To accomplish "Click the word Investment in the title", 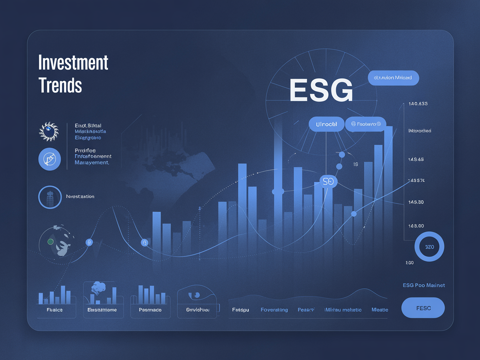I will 73,63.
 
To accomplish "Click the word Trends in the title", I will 60,85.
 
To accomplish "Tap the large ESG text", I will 321,90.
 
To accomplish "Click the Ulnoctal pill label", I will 326,124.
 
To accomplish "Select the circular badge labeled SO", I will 328,182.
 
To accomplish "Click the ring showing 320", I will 429,247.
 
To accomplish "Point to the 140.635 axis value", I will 418,104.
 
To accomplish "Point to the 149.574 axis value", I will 417,180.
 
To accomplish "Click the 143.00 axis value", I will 416,226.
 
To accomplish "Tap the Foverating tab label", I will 274,310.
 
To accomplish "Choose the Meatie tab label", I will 380,310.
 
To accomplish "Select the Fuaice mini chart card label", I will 55,310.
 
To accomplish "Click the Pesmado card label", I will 150,310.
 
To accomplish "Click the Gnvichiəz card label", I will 197,310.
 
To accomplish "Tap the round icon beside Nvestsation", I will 50,197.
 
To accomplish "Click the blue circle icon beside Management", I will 50,159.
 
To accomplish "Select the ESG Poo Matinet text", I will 424,285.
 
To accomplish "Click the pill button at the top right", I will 393,78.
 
